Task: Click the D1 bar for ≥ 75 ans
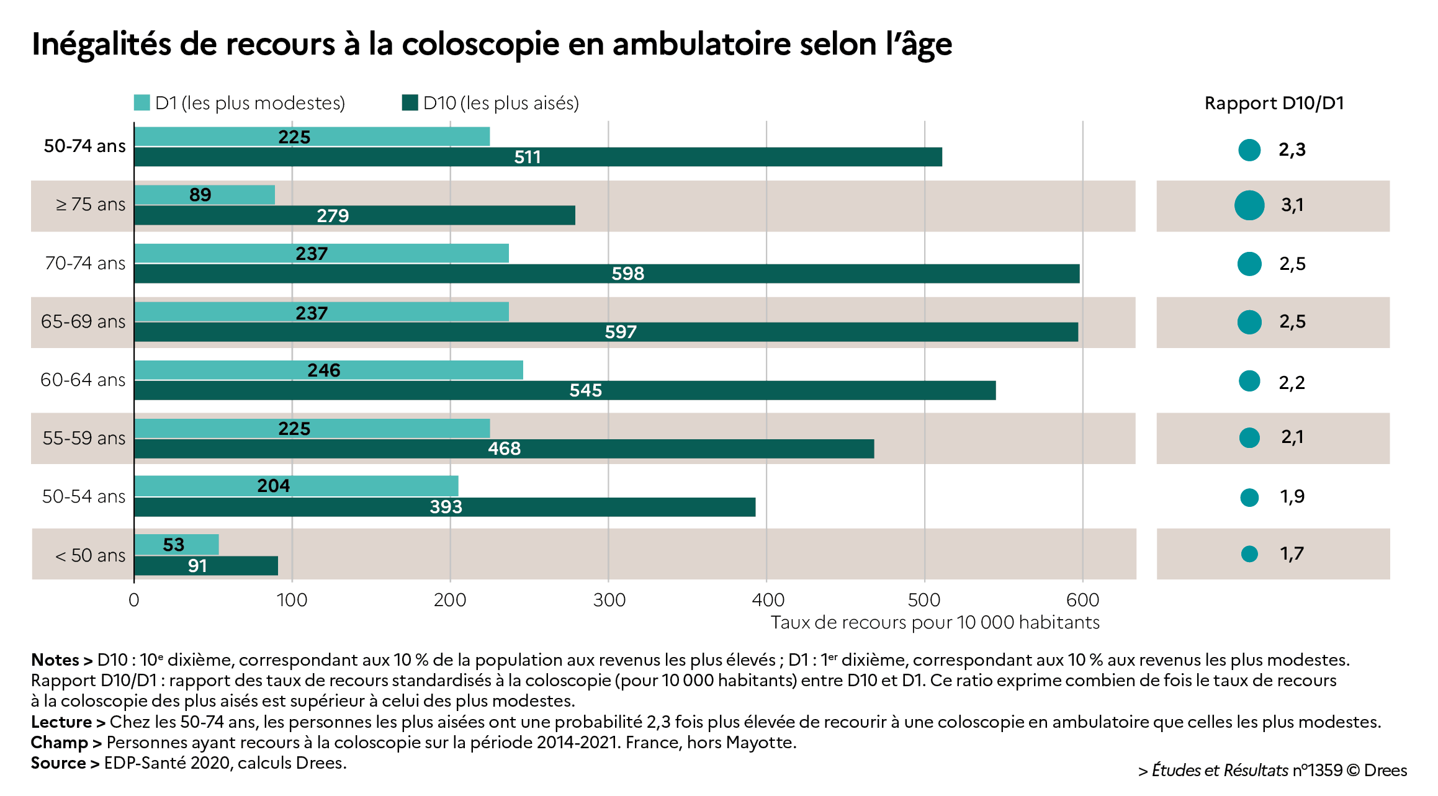205,195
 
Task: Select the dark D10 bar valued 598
606,274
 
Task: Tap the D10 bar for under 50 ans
206,566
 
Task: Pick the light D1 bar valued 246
328,370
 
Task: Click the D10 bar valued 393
444,507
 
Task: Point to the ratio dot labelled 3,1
1249,205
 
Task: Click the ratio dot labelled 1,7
1249,553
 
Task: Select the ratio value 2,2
1292,382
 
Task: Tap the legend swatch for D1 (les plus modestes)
142,103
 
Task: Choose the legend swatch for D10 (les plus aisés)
410,103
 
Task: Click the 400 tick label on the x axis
768,600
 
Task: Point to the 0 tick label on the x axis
133,600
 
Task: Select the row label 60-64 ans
83,380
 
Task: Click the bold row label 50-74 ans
84,146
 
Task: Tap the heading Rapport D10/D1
1274,103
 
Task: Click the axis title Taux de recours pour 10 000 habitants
935,622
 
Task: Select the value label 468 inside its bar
504,449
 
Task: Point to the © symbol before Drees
1353,771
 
